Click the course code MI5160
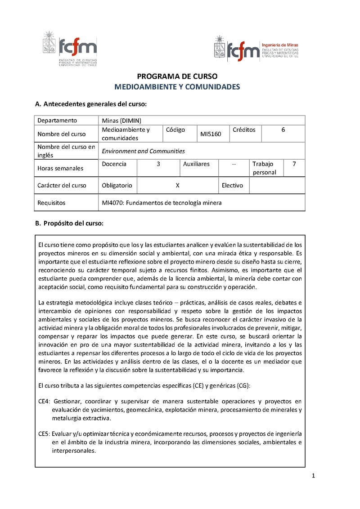[211, 134]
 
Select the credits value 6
[283, 129]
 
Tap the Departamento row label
[57, 120]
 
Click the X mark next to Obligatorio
[178, 185]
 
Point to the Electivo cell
[232, 185]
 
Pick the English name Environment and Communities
[143, 151]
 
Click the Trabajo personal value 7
[294, 164]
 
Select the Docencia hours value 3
[158, 164]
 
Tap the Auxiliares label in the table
[196, 164]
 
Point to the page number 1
[313, 476]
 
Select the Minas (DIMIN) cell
[121, 120]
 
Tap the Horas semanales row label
[60, 168]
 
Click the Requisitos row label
[51, 203]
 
